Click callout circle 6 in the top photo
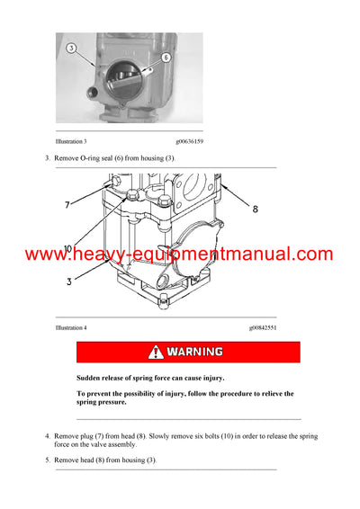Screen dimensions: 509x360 166,56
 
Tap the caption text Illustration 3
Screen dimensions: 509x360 71,142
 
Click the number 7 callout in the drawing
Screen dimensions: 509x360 67,206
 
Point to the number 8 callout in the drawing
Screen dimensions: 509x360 255,210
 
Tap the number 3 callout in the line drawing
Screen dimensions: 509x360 67,281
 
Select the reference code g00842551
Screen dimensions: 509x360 263,328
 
